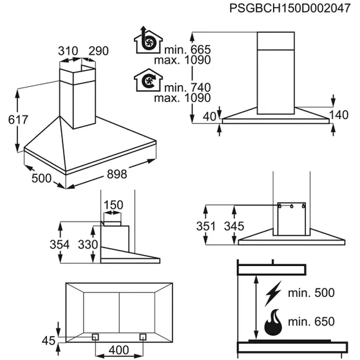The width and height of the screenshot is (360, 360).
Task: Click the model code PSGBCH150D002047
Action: (x=290, y=9)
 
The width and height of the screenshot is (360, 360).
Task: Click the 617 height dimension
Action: (x=18, y=120)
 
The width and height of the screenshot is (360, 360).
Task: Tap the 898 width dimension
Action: (x=117, y=174)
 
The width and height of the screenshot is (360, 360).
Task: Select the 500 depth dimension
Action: (x=41, y=178)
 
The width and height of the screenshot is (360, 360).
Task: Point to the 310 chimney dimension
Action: (x=68, y=51)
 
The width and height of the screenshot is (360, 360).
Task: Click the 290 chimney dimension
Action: (x=99, y=51)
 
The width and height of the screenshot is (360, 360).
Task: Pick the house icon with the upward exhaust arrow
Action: (x=148, y=40)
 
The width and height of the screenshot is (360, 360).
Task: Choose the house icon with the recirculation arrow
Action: (x=148, y=80)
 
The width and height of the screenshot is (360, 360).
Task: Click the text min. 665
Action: (x=187, y=50)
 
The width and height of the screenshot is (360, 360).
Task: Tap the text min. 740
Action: (x=187, y=88)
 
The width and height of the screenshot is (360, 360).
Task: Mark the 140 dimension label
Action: (x=339, y=115)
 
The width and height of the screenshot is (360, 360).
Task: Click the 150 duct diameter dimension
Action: (x=113, y=205)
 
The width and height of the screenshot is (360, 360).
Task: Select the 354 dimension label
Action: (x=59, y=245)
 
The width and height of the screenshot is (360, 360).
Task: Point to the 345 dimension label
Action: (x=234, y=227)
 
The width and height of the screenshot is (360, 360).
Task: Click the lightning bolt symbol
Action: (x=273, y=293)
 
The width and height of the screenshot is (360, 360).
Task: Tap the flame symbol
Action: (x=273, y=322)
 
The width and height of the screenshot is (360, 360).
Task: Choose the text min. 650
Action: (x=311, y=321)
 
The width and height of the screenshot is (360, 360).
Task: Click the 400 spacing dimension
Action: (x=118, y=350)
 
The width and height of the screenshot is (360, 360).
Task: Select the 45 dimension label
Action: (x=49, y=341)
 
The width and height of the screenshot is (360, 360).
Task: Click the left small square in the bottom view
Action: (x=95, y=337)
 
